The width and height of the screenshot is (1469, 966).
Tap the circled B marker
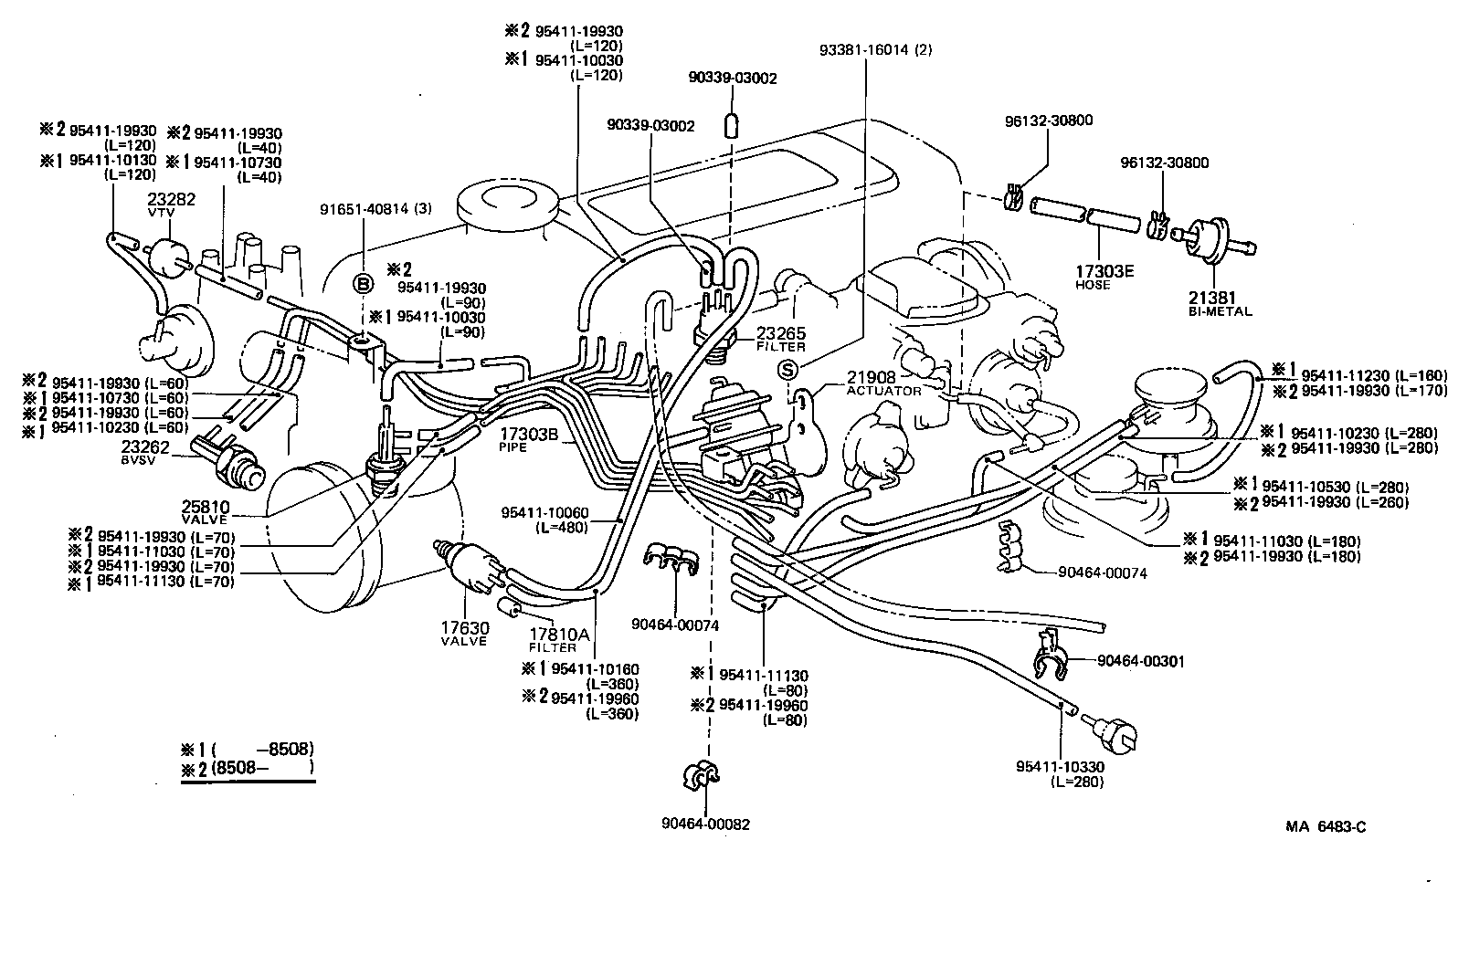point(364,284)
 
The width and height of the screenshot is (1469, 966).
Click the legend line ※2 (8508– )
point(248,770)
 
